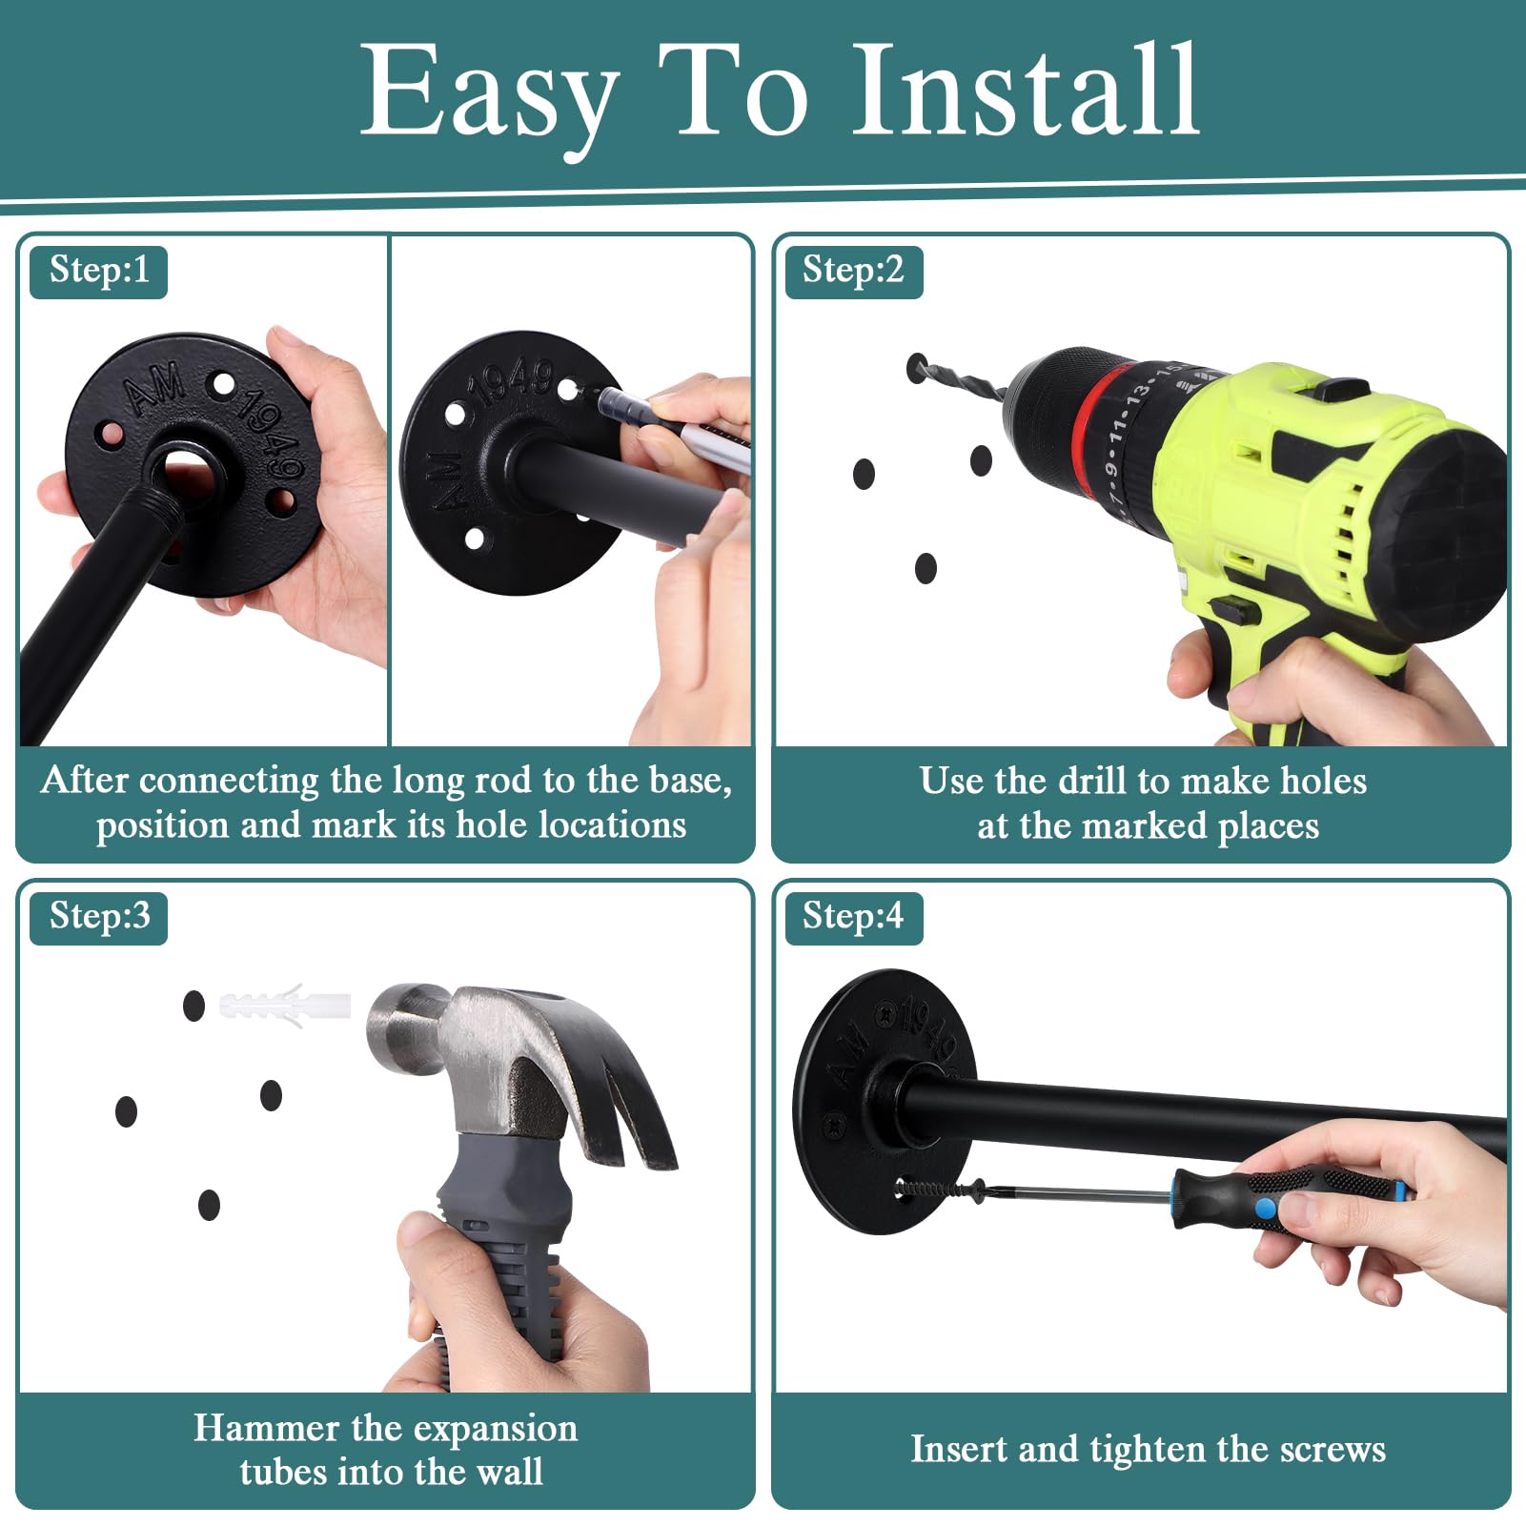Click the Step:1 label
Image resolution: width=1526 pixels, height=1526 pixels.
tap(99, 272)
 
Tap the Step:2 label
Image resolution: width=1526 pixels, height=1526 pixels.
tap(854, 272)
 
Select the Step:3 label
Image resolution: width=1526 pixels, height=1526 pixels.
tap(99, 918)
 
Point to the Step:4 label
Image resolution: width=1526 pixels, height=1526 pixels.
tap(854, 918)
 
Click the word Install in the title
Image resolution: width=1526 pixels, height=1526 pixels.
tap(1026, 91)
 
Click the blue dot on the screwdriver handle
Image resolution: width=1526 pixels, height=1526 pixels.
tap(1266, 1210)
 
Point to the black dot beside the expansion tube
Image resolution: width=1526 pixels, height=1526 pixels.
tap(193, 1006)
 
